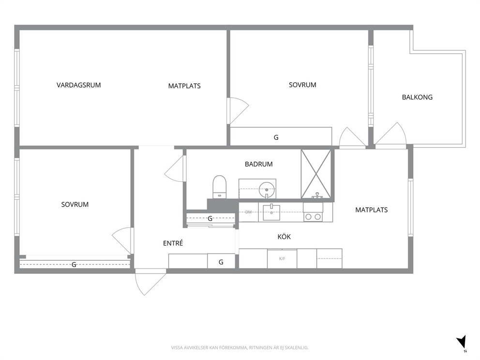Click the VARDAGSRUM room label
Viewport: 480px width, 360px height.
tap(79, 85)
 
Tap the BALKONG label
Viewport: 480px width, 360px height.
tap(417, 97)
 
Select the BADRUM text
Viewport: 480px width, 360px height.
tap(259, 165)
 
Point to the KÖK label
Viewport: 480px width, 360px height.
tap(284, 237)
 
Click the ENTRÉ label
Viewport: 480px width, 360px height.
tap(173, 243)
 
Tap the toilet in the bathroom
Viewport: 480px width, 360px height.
tap(220, 187)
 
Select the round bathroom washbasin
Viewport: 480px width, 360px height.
tap(267, 190)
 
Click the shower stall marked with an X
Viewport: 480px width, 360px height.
tap(316, 174)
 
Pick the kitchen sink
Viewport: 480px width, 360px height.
tap(271, 212)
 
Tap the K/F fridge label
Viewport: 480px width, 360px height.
tap(282, 259)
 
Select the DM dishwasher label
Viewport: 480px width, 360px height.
tap(249, 212)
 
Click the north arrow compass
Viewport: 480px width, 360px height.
tap(462, 342)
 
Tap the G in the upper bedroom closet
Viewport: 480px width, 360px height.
tap(276, 137)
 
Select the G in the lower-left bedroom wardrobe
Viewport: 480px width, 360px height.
tap(74, 265)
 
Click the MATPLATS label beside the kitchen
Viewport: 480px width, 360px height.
tap(371, 210)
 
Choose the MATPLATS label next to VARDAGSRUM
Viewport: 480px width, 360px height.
tap(184, 86)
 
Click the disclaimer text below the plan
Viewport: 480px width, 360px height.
tap(240, 348)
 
